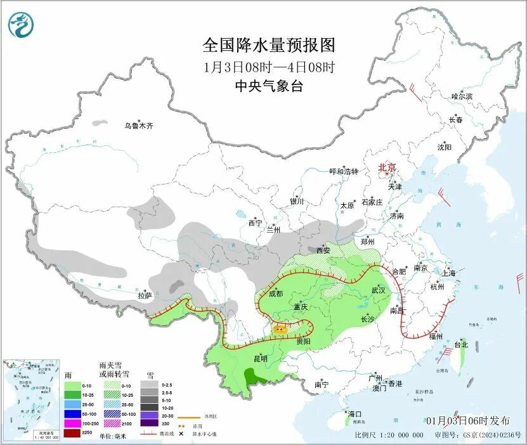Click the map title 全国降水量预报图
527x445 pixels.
click(268, 46)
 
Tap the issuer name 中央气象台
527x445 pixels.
click(268, 86)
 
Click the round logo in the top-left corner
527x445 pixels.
click(22, 25)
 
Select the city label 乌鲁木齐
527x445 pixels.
click(138, 126)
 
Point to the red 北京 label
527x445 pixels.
click(387, 167)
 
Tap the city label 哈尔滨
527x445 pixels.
click(462, 96)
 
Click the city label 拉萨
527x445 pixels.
click(145, 295)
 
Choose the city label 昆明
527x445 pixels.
click(259, 358)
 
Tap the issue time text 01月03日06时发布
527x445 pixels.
click(467, 421)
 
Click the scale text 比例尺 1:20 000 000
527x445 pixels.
click(389, 435)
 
